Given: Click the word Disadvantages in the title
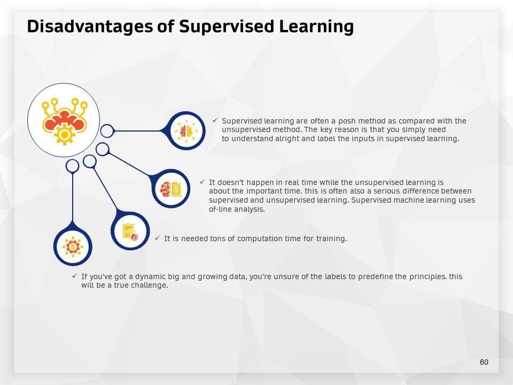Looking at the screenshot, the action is point(90,26).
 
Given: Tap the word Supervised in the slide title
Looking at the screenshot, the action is point(227,26).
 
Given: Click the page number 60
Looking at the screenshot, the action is point(484,362).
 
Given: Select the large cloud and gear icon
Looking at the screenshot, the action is point(64,121).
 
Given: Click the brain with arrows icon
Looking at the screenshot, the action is point(186,131).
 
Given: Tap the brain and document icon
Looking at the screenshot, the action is point(171,189).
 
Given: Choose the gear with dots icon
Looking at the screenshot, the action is point(73,247).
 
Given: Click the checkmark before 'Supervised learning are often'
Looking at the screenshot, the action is point(215,120).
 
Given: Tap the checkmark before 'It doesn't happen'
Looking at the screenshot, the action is point(202,182).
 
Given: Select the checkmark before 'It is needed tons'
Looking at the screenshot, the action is point(157,238).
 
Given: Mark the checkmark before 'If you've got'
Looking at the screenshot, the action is point(75,276).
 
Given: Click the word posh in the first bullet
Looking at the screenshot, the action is point(347,121).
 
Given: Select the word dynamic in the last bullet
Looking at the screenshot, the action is point(151,276).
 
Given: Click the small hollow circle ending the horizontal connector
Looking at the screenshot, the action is point(107,131).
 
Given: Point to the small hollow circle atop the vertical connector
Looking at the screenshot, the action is point(72,166).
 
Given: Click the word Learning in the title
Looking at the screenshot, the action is point(316,26).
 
